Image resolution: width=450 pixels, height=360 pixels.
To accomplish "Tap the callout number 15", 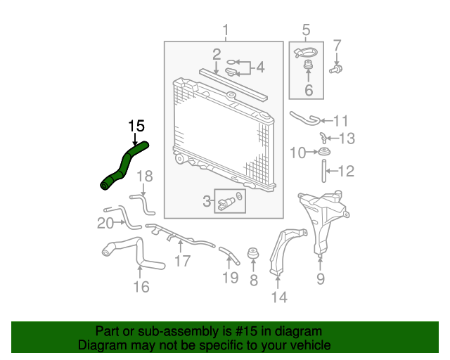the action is pyautogui.click(x=136, y=126).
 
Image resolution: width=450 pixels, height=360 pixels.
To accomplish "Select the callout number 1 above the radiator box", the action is pyautogui.click(x=226, y=30).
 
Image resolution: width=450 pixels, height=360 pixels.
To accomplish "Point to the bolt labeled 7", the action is pyautogui.click(x=336, y=69).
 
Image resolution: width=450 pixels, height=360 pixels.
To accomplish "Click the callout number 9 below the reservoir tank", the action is pyautogui.click(x=321, y=278).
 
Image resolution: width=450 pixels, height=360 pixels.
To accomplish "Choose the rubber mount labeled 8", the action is pyautogui.click(x=253, y=252).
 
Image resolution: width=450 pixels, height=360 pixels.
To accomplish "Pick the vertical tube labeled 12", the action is pyautogui.click(x=324, y=171).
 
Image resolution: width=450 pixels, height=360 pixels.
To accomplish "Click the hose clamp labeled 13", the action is pyautogui.click(x=323, y=138).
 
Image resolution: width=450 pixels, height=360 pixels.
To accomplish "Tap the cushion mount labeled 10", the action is pyautogui.click(x=324, y=151).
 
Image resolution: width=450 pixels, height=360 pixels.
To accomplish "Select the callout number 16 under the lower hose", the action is pyautogui.click(x=141, y=287).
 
